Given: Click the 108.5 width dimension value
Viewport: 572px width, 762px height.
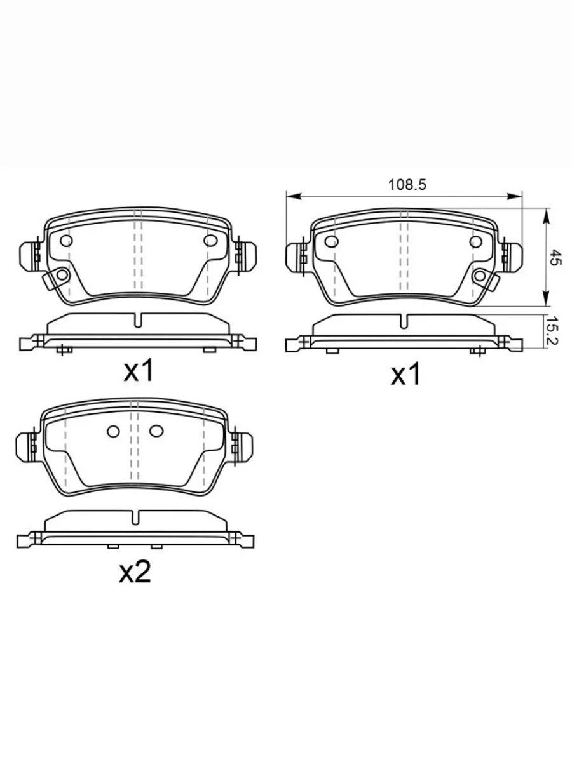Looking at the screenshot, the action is click(x=407, y=185).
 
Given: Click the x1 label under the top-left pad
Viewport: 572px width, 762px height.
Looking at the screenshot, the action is click(x=139, y=371).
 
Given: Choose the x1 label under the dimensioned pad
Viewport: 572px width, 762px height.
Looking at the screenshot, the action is click(x=405, y=375).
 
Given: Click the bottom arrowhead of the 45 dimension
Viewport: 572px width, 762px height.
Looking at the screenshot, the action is click(x=547, y=299).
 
